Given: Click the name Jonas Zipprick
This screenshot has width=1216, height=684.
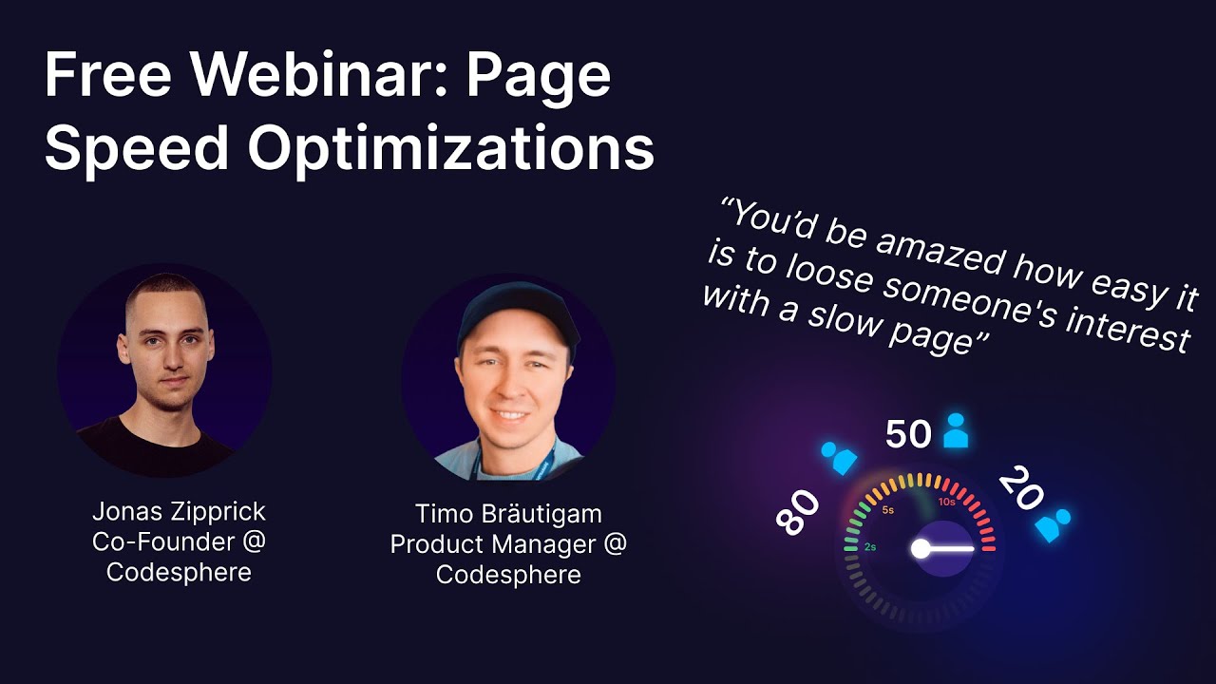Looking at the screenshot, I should [x=179, y=512].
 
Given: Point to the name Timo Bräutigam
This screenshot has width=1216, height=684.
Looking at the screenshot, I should [x=508, y=514].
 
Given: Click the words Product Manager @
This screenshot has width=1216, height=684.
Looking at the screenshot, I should [x=508, y=544].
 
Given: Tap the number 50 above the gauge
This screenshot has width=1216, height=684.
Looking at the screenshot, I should [x=908, y=434].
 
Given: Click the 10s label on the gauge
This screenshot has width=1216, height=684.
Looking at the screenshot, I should [x=946, y=502].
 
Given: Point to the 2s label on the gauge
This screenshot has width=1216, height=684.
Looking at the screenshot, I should [x=869, y=547].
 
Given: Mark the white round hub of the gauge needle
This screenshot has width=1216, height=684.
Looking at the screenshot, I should [x=920, y=548].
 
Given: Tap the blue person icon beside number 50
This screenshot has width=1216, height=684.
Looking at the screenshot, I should [x=956, y=431].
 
